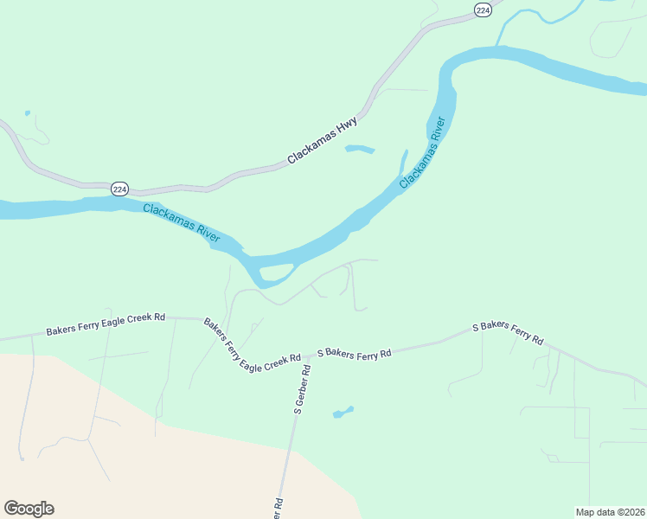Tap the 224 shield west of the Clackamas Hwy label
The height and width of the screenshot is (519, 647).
pyautogui.click(x=120, y=189)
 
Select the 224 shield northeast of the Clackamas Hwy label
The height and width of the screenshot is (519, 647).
pyautogui.click(x=483, y=10)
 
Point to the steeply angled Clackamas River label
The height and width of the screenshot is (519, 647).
pyautogui.click(x=426, y=153)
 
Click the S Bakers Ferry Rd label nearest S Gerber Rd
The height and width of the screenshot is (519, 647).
pyautogui.click(x=355, y=353)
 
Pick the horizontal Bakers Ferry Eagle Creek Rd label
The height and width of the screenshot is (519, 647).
pyautogui.click(x=106, y=324)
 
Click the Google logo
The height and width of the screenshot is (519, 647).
pyautogui.click(x=29, y=509)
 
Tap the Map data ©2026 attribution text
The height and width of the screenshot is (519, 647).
pyautogui.click(x=611, y=511)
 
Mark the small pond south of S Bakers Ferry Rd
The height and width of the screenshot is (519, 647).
pyautogui.click(x=343, y=412)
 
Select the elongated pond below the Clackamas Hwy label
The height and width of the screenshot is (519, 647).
pyautogui.click(x=360, y=150)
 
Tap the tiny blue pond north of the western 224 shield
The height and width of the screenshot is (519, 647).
pyautogui.click(x=28, y=113)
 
